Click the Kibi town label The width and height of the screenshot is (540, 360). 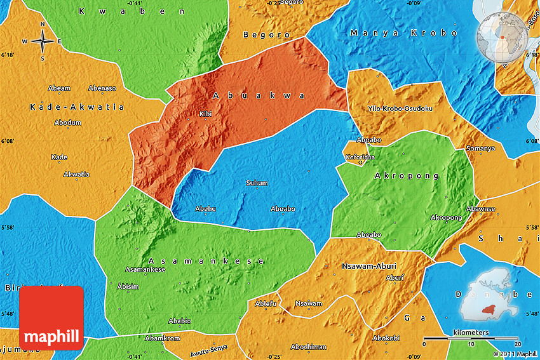coord(205,114)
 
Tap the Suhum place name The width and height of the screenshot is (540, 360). coord(257,183)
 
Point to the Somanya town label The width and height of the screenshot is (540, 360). coord(480,148)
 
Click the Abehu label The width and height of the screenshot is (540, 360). coord(205,208)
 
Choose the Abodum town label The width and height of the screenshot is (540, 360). coord(67,122)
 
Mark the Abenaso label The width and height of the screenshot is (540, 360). coord(102,88)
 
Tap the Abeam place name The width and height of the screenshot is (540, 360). coord(59,88)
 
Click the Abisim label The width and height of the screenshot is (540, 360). coord(128,286)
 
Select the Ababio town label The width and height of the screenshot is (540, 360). coord(179,321)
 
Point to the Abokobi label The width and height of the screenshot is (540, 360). coord(386,338)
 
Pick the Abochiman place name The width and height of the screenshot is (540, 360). coord(308,347)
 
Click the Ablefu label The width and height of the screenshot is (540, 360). coord(266,303)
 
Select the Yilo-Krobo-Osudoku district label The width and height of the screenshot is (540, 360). coord(400,109)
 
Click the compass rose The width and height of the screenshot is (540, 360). coord(42,42)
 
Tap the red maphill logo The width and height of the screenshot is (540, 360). coord(51,317)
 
